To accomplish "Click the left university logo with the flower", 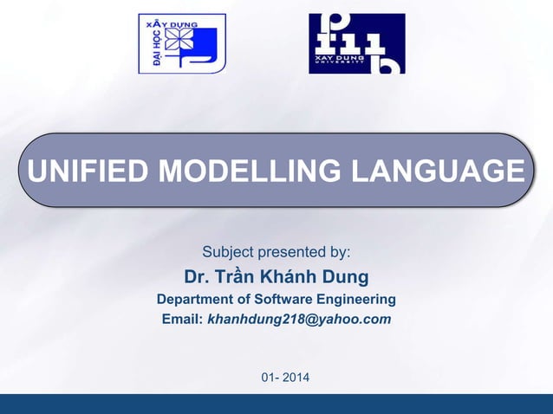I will (x=182, y=43).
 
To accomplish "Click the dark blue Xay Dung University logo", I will (x=356, y=43).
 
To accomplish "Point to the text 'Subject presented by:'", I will (x=276, y=253).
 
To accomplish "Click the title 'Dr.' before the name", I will (x=198, y=277).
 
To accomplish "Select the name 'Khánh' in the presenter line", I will (x=291, y=277).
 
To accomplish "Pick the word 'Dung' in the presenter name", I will (x=346, y=277).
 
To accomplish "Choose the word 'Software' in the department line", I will (x=285, y=300).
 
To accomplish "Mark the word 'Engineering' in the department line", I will (x=357, y=300).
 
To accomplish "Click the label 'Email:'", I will (x=182, y=320).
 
